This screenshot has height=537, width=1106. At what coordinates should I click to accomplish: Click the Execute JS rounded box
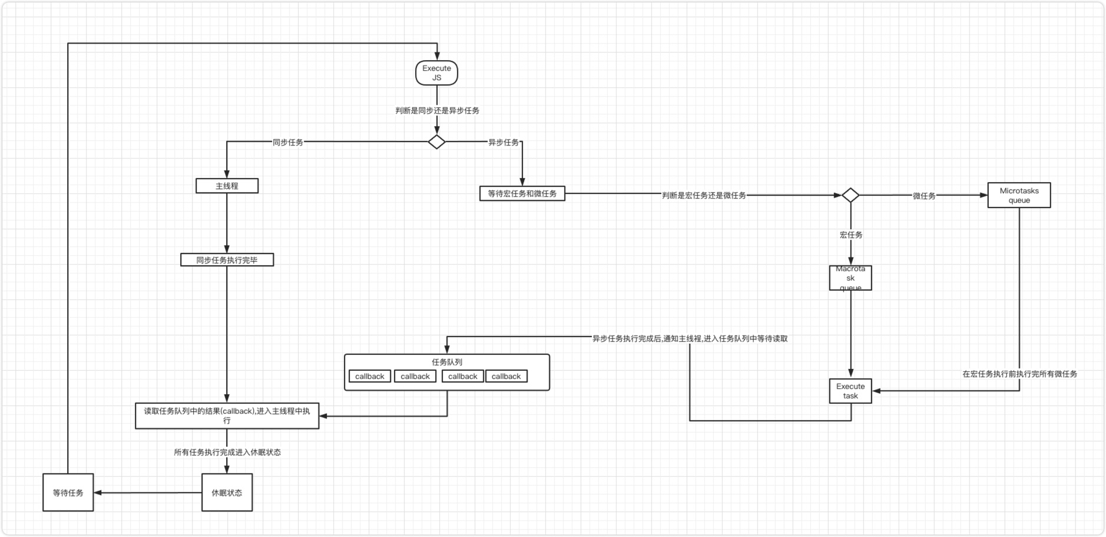(x=436, y=73)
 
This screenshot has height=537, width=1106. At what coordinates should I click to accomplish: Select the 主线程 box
(x=227, y=186)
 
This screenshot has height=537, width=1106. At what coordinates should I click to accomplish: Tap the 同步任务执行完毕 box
(x=227, y=260)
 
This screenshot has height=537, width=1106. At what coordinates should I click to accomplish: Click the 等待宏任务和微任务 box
(x=522, y=193)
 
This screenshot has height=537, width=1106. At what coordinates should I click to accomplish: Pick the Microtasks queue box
(x=1019, y=195)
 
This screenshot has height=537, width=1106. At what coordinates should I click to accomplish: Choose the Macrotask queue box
(x=850, y=278)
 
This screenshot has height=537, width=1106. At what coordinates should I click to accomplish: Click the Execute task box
(x=850, y=391)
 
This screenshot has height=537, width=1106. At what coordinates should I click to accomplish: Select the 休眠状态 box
(x=227, y=492)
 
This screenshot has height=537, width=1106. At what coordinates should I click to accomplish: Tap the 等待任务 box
(x=68, y=492)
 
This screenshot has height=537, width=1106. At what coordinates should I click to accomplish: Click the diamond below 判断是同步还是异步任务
(x=436, y=142)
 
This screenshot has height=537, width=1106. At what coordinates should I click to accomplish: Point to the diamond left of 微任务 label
(x=850, y=195)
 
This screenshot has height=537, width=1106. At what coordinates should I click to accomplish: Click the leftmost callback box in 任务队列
(x=369, y=376)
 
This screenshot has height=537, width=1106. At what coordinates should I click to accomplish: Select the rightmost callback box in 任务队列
(x=506, y=376)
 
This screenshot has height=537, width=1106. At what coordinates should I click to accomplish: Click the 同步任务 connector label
(x=287, y=142)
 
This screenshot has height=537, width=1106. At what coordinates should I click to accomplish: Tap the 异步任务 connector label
(x=504, y=142)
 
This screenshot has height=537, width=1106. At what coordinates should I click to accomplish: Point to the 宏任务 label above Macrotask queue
(x=850, y=235)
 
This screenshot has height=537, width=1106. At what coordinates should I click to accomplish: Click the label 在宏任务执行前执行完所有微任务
(x=1019, y=374)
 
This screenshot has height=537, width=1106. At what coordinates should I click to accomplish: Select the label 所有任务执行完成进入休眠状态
(x=227, y=452)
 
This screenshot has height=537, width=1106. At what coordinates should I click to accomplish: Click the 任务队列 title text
(x=447, y=362)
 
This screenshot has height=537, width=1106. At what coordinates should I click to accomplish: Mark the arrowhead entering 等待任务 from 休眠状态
(x=98, y=492)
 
